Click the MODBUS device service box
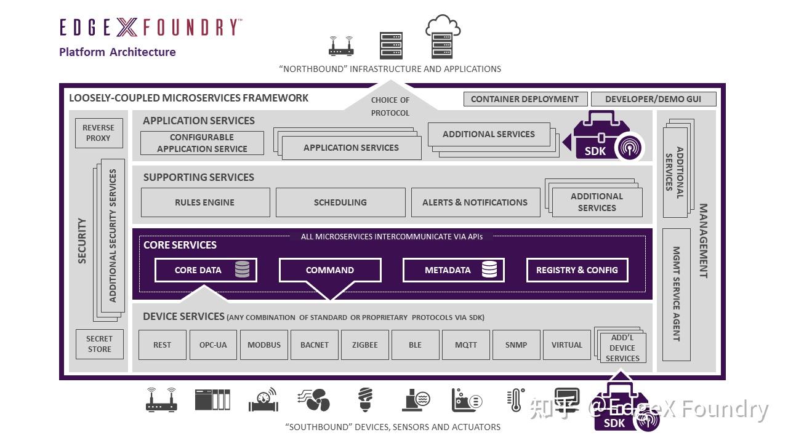coord(264,345)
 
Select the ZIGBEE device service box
coord(365,345)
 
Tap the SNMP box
coord(516,345)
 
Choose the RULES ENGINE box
coord(205,202)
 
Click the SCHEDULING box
coord(340,202)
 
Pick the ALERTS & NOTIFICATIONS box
coord(475,202)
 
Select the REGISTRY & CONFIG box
coord(577,270)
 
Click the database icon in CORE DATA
coord(243,269)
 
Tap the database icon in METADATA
coord(489,269)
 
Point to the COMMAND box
coord(330,270)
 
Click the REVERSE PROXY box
coord(98,133)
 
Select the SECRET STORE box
coord(99,344)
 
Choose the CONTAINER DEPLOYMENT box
coord(525,99)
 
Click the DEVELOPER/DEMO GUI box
coord(654,99)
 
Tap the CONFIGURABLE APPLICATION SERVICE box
coord(202,143)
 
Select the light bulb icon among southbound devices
coord(366,399)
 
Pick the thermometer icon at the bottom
coord(516,400)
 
